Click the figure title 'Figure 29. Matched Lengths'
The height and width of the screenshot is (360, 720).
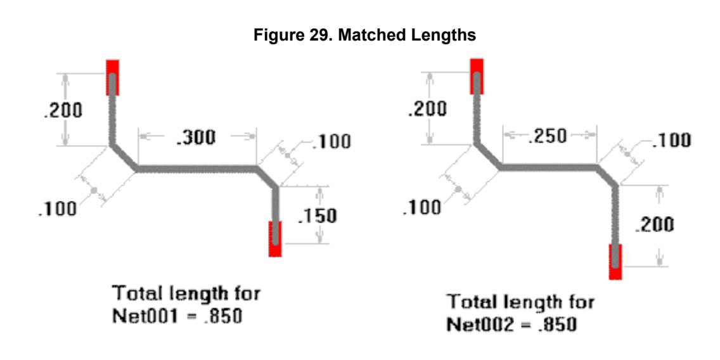click(364, 36)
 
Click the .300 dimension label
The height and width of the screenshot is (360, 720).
click(196, 138)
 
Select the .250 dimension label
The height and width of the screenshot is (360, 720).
click(548, 136)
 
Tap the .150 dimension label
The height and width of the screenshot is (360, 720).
click(318, 216)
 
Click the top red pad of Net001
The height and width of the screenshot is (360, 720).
click(113, 77)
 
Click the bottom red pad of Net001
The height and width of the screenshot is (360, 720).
click(275, 239)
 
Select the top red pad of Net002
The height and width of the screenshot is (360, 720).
click(477, 76)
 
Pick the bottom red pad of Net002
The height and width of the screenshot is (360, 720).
click(615, 262)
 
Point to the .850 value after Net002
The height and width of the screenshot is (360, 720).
click(556, 325)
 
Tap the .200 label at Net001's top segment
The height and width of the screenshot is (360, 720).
click(63, 110)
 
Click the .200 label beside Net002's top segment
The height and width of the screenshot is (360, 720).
click(427, 109)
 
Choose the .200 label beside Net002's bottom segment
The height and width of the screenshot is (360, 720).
click(654, 224)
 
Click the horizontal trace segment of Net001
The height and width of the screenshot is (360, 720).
click(196, 169)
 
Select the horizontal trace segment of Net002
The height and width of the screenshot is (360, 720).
click(549, 168)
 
